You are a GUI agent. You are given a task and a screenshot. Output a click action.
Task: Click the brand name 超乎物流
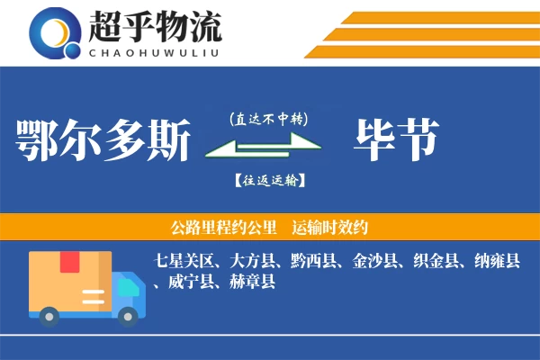154,27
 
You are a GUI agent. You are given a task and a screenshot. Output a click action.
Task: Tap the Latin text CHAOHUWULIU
154,51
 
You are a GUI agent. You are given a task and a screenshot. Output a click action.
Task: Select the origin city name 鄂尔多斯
103,140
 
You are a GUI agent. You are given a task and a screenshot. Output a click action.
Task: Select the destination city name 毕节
397,140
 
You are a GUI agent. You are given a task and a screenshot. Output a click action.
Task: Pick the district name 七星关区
184,261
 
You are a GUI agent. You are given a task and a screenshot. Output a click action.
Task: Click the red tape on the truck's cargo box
69,263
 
